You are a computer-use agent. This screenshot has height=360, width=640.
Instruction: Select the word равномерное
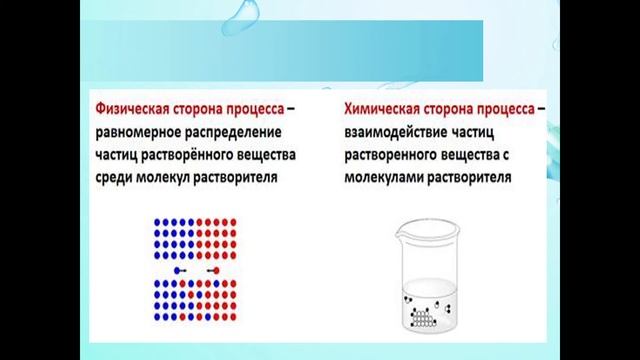click(x=138, y=132)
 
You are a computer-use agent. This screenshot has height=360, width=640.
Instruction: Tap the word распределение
click(x=234, y=132)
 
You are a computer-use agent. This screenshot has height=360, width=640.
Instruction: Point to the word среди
click(x=114, y=178)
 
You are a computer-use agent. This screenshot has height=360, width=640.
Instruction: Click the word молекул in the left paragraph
click(x=171, y=178)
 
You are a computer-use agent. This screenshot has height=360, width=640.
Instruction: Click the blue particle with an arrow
click(x=178, y=270)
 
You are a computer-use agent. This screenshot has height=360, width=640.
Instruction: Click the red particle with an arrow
click(x=215, y=270)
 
